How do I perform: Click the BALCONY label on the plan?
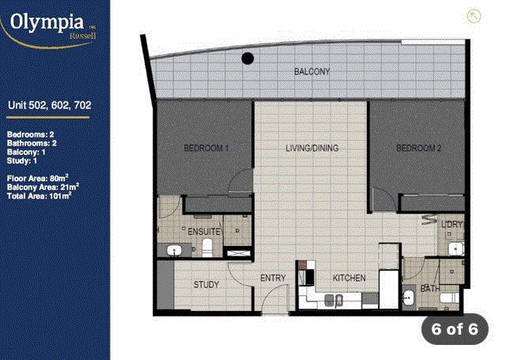click(312, 71)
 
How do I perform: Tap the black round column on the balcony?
click(247, 59)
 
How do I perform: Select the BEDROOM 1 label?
click(206, 148)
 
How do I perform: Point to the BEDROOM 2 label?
click(418, 148)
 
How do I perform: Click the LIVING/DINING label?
click(312, 148)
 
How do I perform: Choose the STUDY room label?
click(206, 285)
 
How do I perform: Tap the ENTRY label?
click(273, 278)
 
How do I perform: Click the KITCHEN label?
click(349, 278)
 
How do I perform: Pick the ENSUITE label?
click(204, 232)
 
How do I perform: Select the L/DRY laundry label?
click(451, 224)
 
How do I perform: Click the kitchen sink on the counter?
click(334, 301)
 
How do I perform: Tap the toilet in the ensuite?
click(207, 248)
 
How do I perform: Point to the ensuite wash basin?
click(174, 250)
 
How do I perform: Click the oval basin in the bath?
click(408, 297)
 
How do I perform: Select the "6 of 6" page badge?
click(455, 329)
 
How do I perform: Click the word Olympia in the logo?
click(47, 22)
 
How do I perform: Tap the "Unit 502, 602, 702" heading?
click(49, 105)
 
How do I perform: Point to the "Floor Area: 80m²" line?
click(38, 178)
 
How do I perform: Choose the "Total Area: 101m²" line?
click(39, 195)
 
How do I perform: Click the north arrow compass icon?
click(474, 16)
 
